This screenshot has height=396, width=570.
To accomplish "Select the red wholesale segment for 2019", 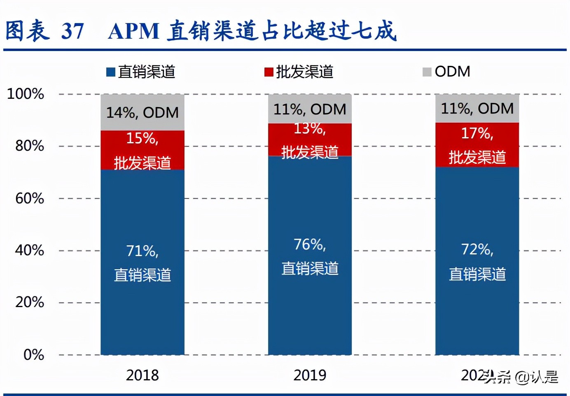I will [310, 140].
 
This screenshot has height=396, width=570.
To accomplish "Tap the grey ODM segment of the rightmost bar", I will [477, 109].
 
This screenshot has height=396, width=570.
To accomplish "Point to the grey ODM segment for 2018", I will [142, 112].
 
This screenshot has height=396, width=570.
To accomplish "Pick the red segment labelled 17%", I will [477, 145].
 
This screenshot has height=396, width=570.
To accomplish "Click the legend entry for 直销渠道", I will [141, 72].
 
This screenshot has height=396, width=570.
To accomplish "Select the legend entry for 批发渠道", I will [299, 72].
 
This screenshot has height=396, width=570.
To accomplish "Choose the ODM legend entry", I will [446, 72].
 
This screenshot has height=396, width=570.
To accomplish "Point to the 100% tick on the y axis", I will [26, 94].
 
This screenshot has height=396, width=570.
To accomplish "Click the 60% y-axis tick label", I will [29, 198].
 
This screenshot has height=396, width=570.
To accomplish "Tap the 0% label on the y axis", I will [33, 354].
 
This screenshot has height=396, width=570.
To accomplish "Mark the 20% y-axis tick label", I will [29, 302].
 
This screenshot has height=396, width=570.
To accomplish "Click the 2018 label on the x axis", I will [142, 375].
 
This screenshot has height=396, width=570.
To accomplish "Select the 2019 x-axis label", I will [310, 375].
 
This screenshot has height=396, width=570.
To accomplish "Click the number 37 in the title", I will [73, 31].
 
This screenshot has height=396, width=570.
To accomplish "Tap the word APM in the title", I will [133, 31].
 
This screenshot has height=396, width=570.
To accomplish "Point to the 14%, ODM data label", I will [142, 112].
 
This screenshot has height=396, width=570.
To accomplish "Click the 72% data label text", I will [477, 249].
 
